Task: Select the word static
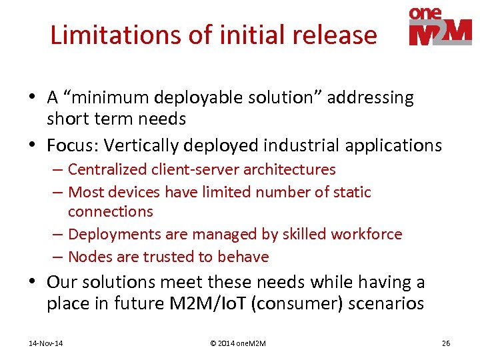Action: pos(352,192)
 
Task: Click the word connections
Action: pos(111,211)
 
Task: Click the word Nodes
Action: pos(87,257)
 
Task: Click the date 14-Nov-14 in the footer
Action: pos(46,343)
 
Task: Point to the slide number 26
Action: pos(446,343)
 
